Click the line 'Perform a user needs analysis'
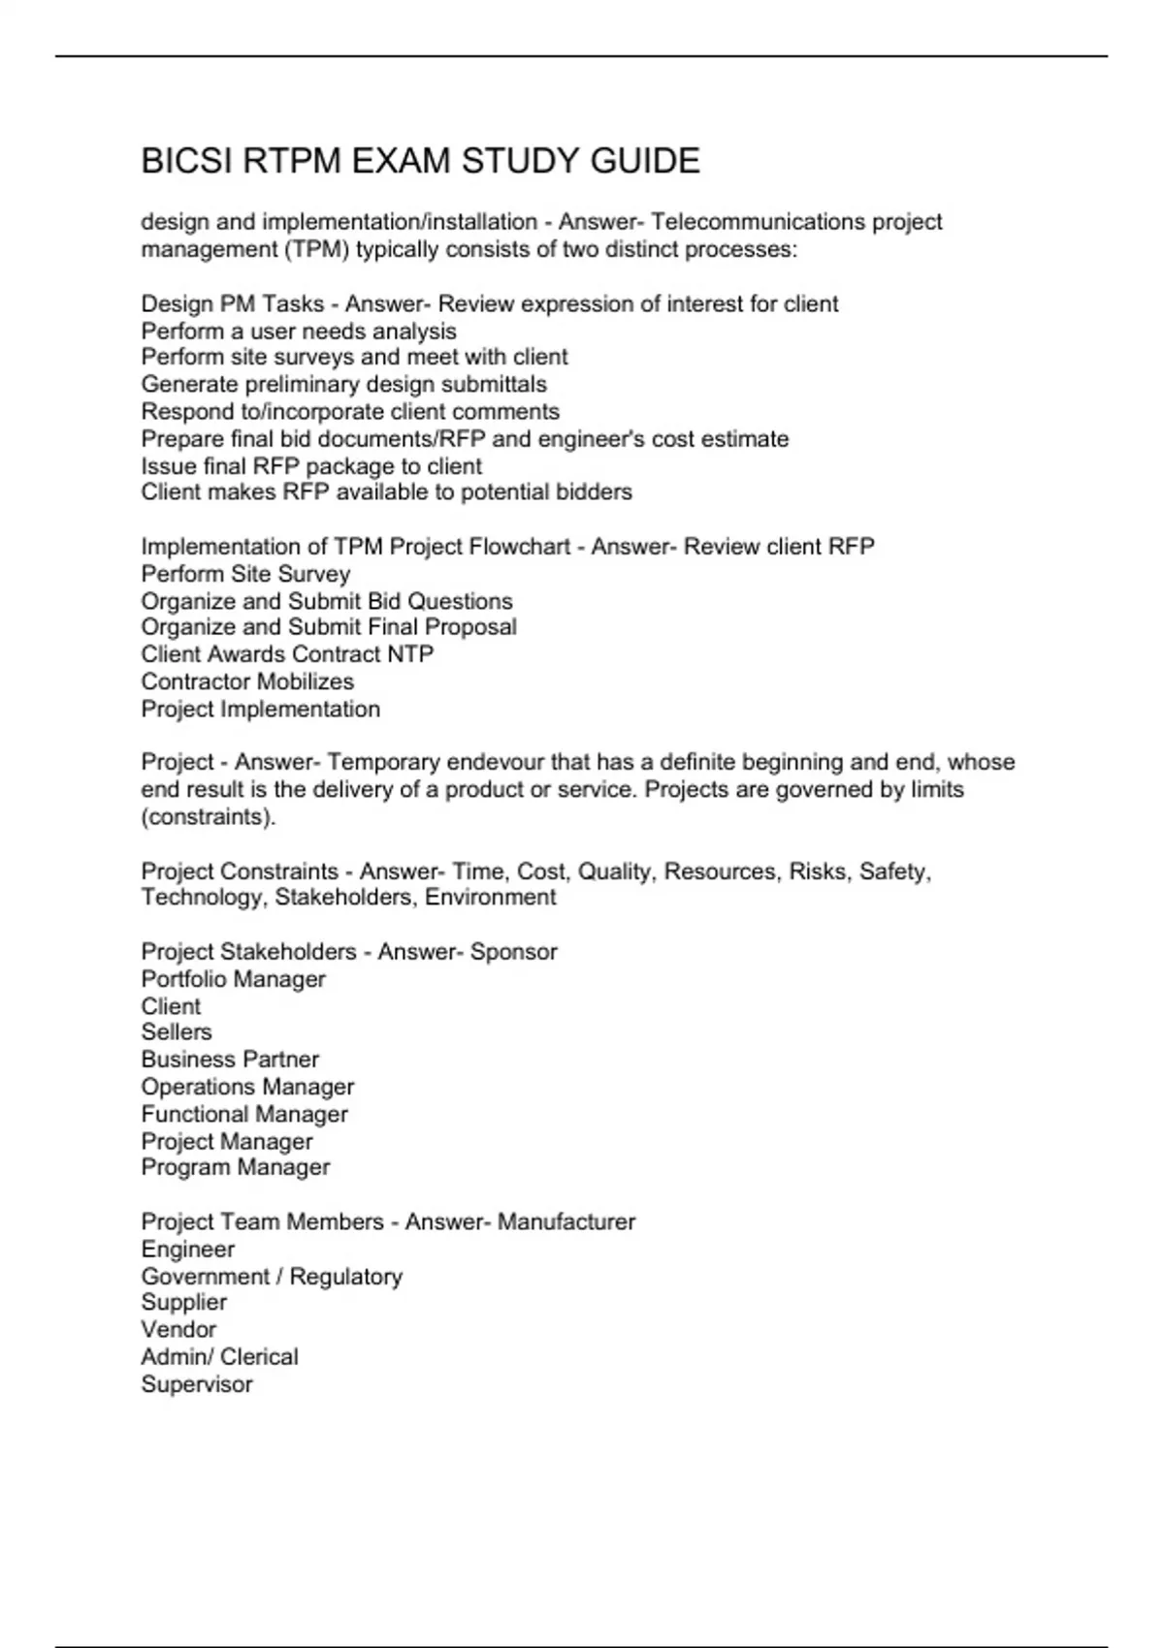click(x=299, y=331)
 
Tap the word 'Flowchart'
click(x=519, y=547)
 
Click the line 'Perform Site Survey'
click(x=245, y=574)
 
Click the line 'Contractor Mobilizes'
click(x=247, y=681)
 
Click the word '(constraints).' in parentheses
click(x=209, y=816)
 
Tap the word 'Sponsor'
click(x=513, y=952)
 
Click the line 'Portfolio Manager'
click(x=233, y=979)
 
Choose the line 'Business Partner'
click(x=230, y=1060)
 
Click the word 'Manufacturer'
click(x=566, y=1221)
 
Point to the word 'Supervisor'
click(x=197, y=1384)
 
